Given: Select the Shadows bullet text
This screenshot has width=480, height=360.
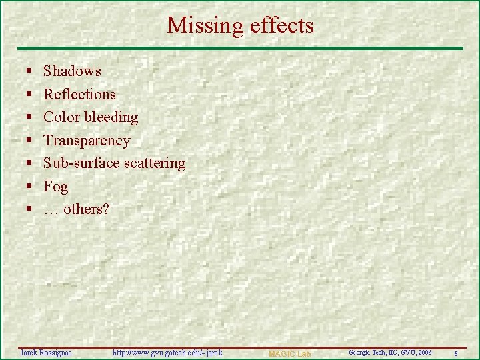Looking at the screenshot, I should [72, 71].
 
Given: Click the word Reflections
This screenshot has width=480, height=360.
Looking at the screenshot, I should [79, 95].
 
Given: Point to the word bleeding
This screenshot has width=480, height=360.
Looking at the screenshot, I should [111, 117].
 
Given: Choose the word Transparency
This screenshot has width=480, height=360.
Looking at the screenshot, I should [87, 141].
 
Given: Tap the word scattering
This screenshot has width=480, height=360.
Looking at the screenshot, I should [153, 163].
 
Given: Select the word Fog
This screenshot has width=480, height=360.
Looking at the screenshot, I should [55, 187].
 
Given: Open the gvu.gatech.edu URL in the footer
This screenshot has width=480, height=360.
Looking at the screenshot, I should [167, 352].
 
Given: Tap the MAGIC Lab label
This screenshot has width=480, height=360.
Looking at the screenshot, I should [289, 353].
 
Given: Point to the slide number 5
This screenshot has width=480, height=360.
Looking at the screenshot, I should [455, 353].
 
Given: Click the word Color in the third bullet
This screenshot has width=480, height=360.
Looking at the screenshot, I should [61, 117].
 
